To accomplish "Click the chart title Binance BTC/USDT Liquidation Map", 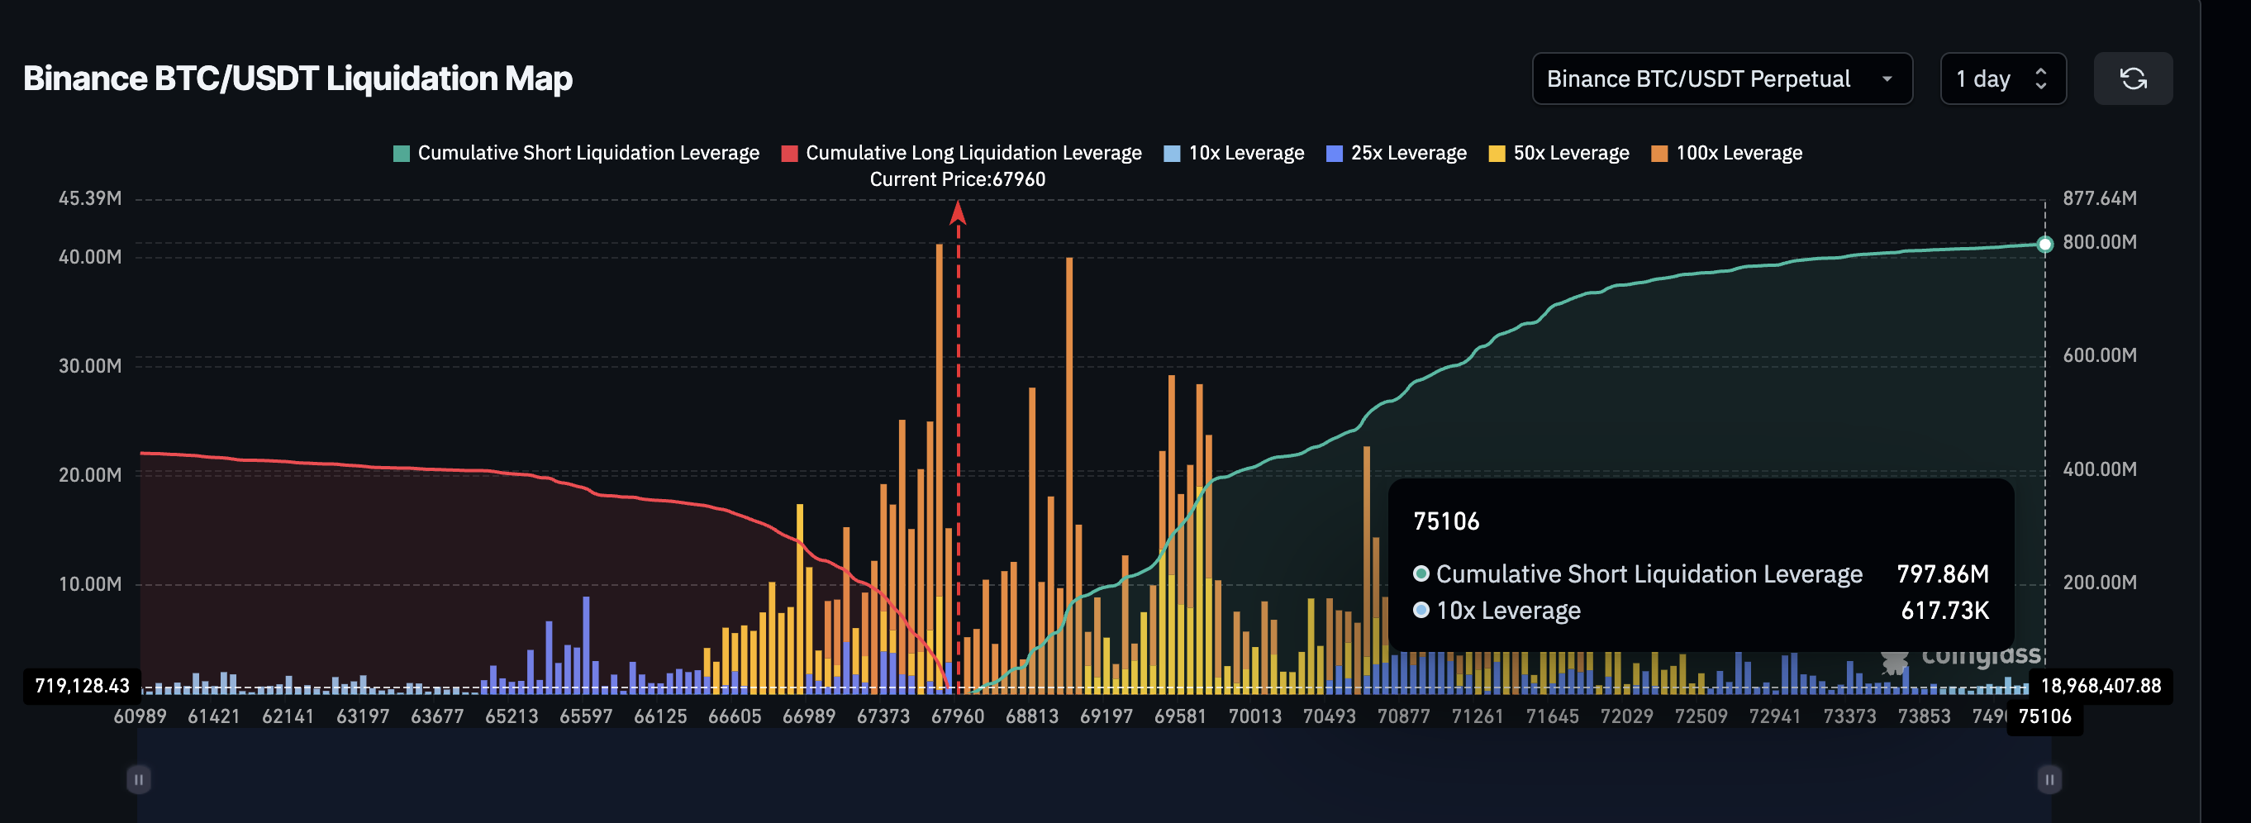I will pos(297,78).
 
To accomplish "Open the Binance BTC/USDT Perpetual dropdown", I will pos(1720,78).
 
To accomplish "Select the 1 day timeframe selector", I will pos(2002,78).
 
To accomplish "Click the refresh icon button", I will pos(2132,78).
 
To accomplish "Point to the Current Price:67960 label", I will pos(957,179).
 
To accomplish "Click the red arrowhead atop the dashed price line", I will pos(958,212).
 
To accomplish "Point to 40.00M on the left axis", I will pos(90,257).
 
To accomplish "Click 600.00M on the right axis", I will pos(2099,355).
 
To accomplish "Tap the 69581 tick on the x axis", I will pos(1180,716).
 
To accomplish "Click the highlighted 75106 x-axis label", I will pos(2044,716).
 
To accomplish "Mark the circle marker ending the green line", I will pos(2044,245).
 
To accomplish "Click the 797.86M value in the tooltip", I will pos(1942,574).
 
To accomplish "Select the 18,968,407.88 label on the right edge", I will pos(2100,686).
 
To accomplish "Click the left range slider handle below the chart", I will pos(139,778).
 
